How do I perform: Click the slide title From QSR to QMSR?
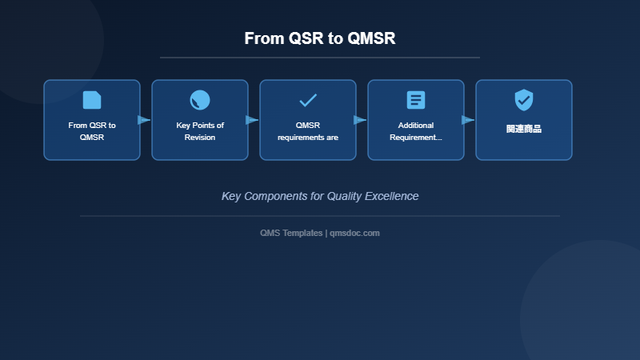click(x=320, y=38)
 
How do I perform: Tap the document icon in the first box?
click(x=92, y=100)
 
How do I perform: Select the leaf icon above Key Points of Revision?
click(x=200, y=100)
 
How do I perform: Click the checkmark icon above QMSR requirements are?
click(x=308, y=100)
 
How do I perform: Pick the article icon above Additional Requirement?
click(x=416, y=100)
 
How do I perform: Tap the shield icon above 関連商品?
click(x=524, y=100)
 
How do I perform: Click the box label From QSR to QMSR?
click(x=92, y=131)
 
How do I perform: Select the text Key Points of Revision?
click(x=200, y=131)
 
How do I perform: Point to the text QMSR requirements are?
click(x=308, y=131)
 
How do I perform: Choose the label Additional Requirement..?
click(x=416, y=131)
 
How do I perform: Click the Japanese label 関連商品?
click(x=524, y=128)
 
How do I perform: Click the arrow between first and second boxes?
click(x=144, y=120)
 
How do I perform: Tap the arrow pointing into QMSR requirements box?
click(x=252, y=120)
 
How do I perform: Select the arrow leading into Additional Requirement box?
click(x=360, y=120)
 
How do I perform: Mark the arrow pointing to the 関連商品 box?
click(x=468, y=120)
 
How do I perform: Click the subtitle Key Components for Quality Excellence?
click(x=320, y=196)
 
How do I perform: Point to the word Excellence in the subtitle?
click(x=392, y=196)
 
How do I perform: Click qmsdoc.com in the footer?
click(x=354, y=233)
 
